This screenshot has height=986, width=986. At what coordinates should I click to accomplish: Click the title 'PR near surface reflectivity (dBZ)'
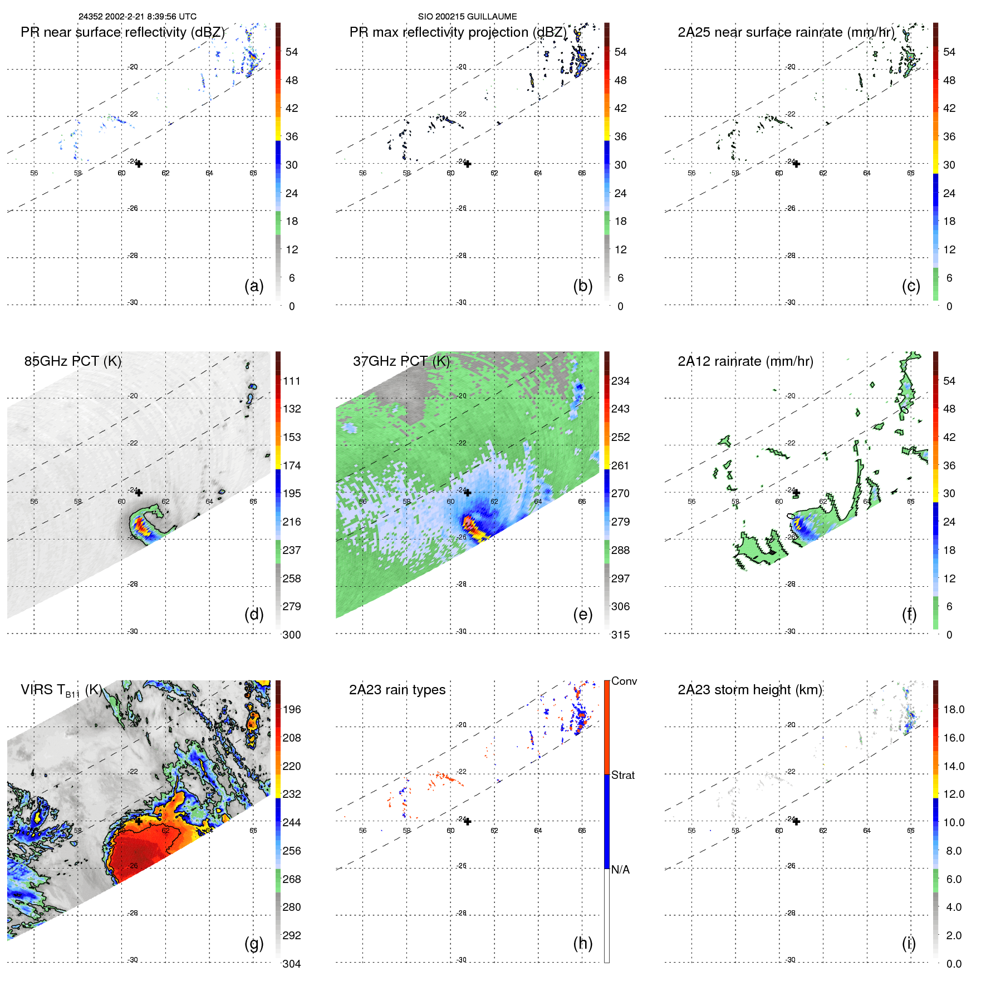[x=122, y=32]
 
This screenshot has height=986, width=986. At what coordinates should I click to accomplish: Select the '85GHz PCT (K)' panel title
[x=72, y=361]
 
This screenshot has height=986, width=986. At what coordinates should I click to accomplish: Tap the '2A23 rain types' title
[x=397, y=690]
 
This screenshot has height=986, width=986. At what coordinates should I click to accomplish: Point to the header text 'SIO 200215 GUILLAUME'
[x=467, y=17]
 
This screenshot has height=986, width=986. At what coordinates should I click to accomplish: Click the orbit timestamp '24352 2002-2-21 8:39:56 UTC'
[x=137, y=17]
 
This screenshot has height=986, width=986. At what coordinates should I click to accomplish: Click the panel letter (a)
[x=254, y=286]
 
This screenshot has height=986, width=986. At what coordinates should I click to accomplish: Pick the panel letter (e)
[x=582, y=615]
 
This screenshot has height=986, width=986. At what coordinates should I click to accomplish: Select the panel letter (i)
[x=909, y=943]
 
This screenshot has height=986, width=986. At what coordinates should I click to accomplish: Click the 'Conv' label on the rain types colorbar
[x=624, y=681]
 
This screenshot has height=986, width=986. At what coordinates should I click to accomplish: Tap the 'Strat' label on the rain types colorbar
[x=623, y=776]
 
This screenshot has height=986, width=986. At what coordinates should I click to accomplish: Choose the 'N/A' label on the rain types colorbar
[x=620, y=870]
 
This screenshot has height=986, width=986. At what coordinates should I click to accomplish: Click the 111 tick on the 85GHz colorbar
[x=292, y=381]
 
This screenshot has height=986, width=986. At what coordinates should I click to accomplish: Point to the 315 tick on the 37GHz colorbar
[x=620, y=635]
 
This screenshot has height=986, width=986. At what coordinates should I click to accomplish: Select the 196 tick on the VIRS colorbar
[x=292, y=710]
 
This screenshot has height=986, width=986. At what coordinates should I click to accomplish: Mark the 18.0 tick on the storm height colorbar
[x=954, y=710]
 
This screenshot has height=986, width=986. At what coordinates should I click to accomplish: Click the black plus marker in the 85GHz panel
[x=139, y=493]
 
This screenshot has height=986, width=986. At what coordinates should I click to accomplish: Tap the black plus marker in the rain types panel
[x=468, y=822]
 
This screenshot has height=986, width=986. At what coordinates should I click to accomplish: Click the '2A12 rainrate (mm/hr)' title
[x=745, y=361]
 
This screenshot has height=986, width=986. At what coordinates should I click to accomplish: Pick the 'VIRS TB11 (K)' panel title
[x=61, y=690]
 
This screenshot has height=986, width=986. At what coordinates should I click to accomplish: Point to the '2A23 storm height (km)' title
[x=750, y=690]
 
